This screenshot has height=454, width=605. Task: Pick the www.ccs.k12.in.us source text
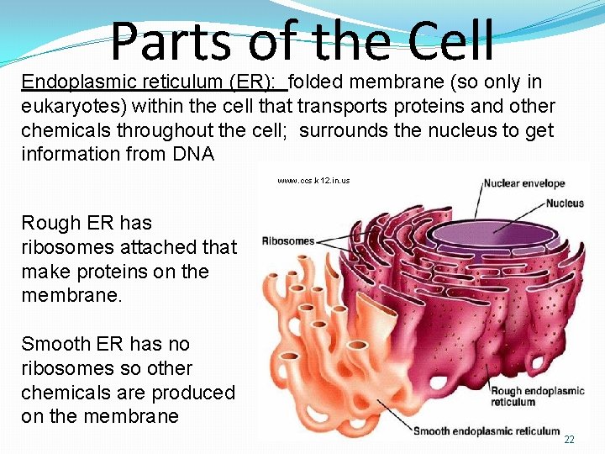click(x=313, y=181)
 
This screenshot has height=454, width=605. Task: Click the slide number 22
click(x=569, y=440)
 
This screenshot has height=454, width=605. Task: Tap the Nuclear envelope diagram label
click(x=523, y=183)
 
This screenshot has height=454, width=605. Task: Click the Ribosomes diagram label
click(x=288, y=241)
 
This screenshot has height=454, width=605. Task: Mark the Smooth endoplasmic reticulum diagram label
click(x=487, y=431)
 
